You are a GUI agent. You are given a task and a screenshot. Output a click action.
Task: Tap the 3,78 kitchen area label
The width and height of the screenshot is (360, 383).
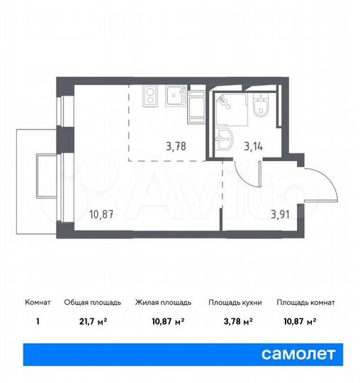coord(176,148)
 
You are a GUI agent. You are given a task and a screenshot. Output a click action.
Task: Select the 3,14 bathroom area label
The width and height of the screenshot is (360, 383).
coord(254,148)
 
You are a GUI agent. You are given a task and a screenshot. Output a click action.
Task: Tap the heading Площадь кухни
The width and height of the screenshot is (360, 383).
coord(235,303)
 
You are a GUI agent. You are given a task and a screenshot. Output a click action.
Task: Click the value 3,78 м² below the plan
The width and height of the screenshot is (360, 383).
coord(235,321)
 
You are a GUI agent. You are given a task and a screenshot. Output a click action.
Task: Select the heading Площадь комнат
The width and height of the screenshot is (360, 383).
coord(305,303)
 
